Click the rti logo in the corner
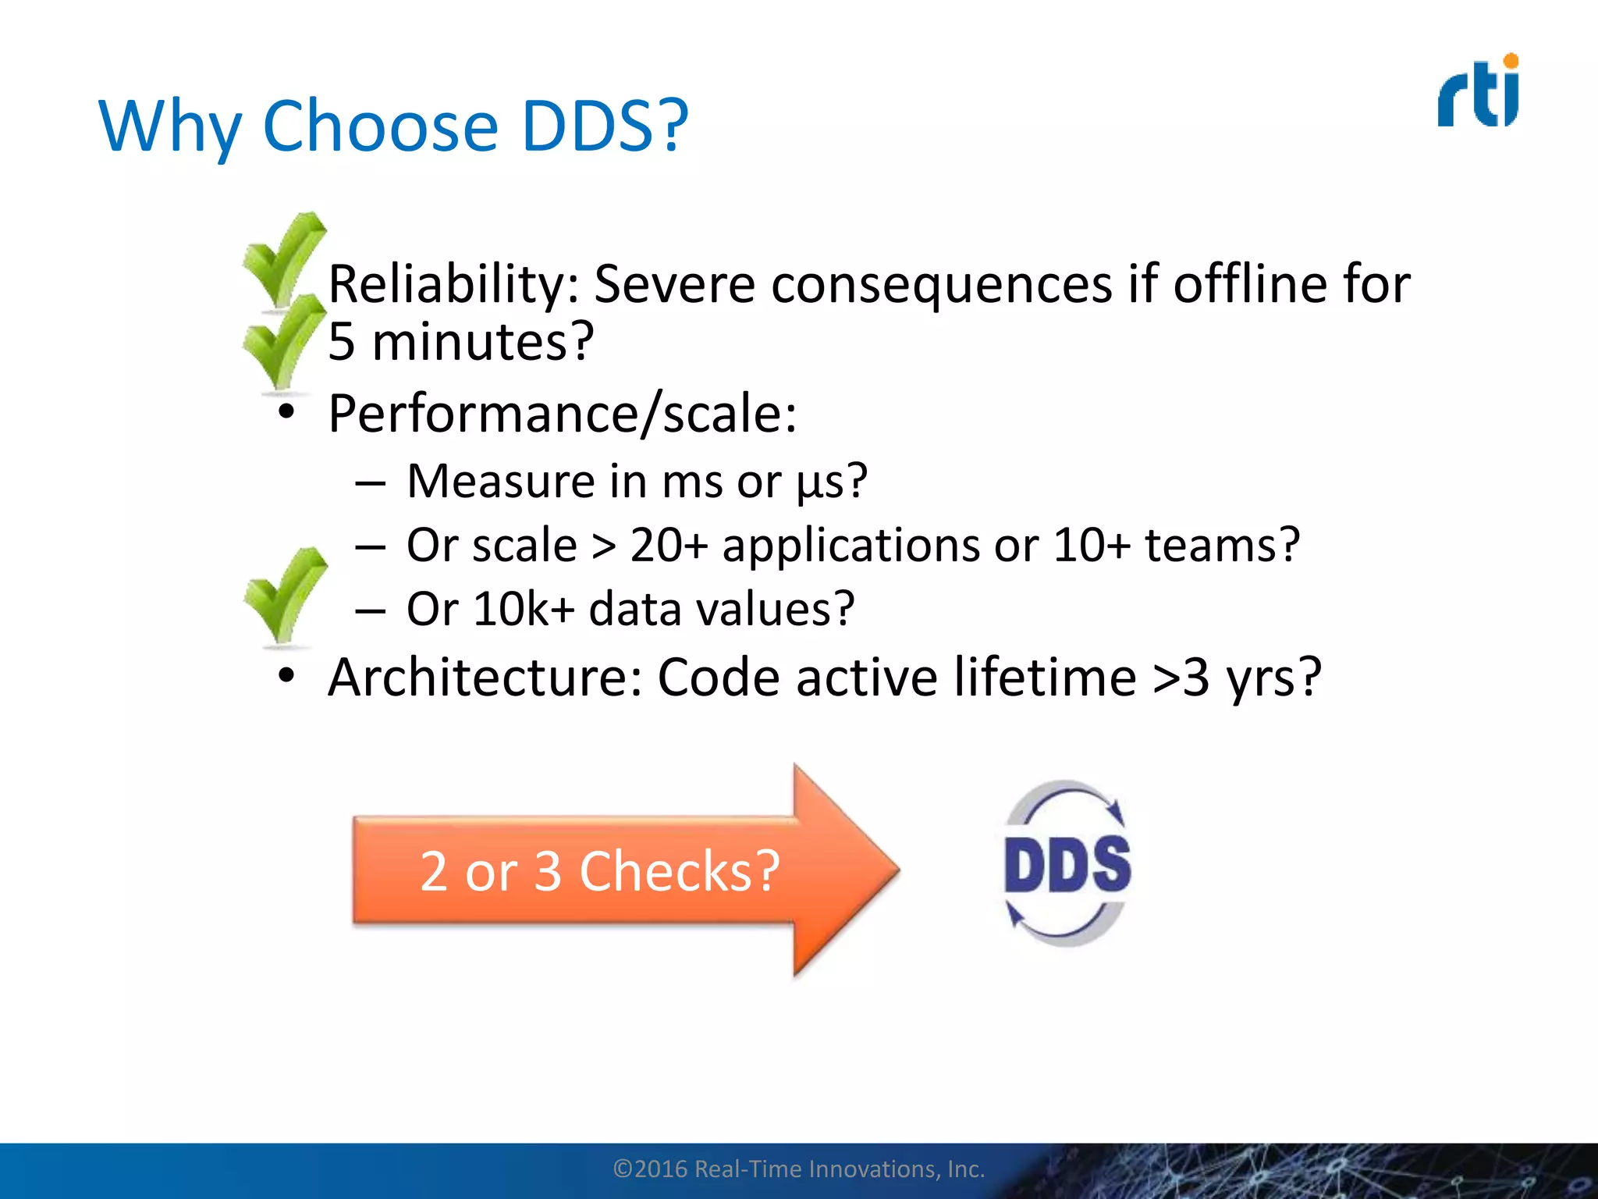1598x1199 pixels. pyautogui.click(x=1478, y=92)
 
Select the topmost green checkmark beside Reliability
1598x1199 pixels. pyautogui.click(x=282, y=259)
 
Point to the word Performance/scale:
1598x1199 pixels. pyautogui.click(x=562, y=413)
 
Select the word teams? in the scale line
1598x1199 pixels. pyautogui.click(x=1222, y=545)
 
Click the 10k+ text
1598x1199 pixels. pyautogui.click(x=523, y=609)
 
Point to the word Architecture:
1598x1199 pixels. pyautogui.click(x=485, y=677)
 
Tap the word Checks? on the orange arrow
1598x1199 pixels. pyautogui.click(x=679, y=871)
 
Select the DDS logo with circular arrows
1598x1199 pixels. pyautogui.click(x=1067, y=863)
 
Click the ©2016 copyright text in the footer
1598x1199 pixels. pyautogui.click(x=798, y=1169)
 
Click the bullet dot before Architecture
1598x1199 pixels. pyautogui.click(x=286, y=674)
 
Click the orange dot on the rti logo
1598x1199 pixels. pyautogui.click(x=1511, y=61)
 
